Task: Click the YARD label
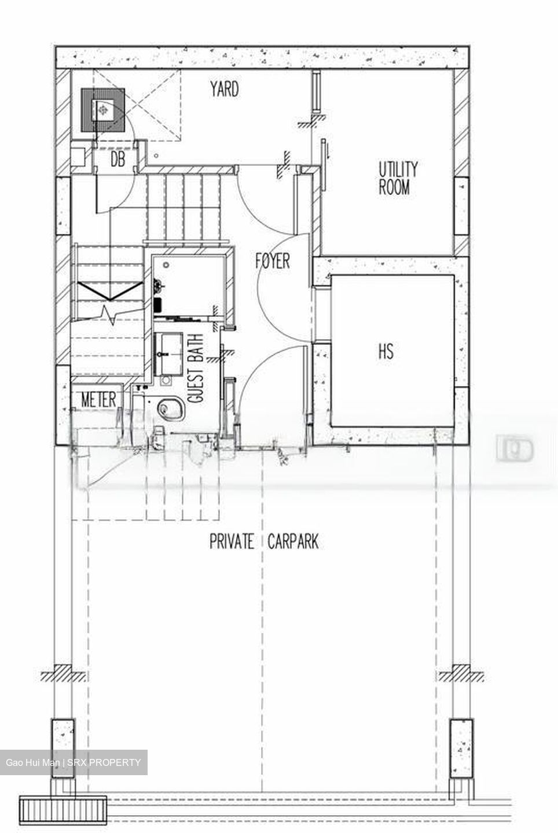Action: [x=224, y=89]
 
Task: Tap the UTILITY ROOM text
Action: [x=398, y=178]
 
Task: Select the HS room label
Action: [x=386, y=351]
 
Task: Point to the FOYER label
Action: [x=273, y=261]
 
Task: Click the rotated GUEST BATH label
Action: [x=196, y=368]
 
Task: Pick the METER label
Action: [x=98, y=400]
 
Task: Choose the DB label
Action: [x=118, y=160]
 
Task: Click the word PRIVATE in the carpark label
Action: [x=232, y=542]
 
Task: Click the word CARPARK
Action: [x=293, y=542]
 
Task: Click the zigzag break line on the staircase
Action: [x=107, y=313]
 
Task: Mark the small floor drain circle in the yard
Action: [x=156, y=156]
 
